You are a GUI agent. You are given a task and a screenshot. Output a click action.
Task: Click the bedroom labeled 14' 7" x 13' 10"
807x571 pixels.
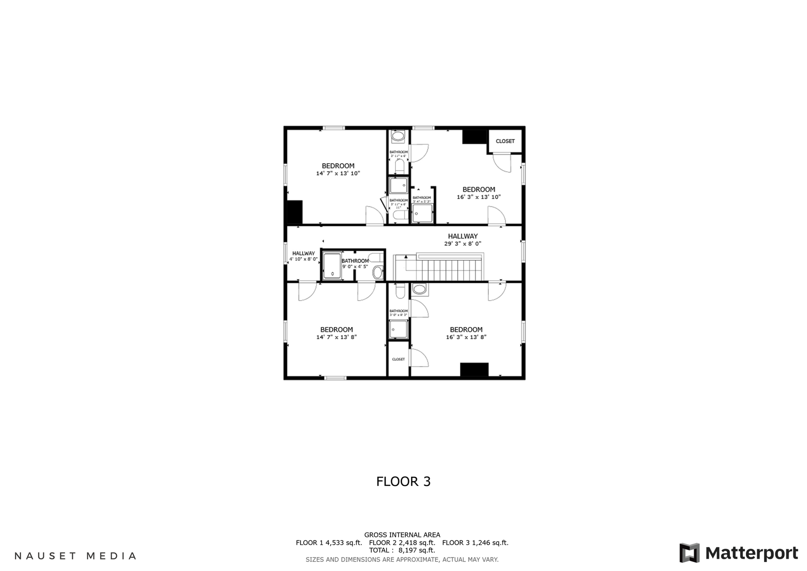tap(338, 170)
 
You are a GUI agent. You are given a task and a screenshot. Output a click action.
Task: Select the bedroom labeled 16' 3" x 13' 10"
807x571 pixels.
tap(478, 193)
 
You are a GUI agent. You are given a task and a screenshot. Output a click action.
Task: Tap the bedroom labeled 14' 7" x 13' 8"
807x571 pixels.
tap(336, 333)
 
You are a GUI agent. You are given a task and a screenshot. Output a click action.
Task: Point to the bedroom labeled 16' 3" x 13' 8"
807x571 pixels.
tap(466, 333)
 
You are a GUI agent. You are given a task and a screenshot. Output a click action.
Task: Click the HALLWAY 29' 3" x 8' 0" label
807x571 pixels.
tap(463, 240)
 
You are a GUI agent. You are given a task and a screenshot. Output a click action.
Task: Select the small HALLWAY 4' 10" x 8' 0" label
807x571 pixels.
tap(304, 256)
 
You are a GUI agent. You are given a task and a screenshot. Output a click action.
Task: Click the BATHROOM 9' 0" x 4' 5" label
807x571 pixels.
tap(355, 263)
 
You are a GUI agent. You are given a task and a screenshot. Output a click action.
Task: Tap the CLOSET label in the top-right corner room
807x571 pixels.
tap(505, 141)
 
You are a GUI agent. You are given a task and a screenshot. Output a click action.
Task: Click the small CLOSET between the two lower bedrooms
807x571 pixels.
tap(398, 359)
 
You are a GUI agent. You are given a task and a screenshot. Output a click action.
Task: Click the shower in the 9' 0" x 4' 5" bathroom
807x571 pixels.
tap(332, 266)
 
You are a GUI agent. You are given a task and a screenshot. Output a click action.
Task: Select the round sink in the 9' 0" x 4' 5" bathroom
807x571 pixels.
tap(377, 272)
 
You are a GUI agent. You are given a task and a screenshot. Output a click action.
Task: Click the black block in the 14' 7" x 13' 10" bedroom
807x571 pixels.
tap(295, 212)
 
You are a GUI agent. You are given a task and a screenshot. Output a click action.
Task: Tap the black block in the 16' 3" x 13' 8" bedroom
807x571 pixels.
tap(474, 370)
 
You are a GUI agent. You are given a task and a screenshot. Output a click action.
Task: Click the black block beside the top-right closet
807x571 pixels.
tap(474, 137)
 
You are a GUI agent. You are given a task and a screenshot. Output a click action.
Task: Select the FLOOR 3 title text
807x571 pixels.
tap(403, 481)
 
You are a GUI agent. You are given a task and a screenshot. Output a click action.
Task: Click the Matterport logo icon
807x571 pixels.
tap(689, 553)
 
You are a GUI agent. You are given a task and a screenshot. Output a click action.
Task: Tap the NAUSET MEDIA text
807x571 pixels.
tap(75, 556)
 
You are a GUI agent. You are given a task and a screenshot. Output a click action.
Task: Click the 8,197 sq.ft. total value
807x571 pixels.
tap(417, 550)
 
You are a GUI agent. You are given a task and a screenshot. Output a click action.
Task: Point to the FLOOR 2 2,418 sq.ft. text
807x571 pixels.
tap(402, 543)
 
